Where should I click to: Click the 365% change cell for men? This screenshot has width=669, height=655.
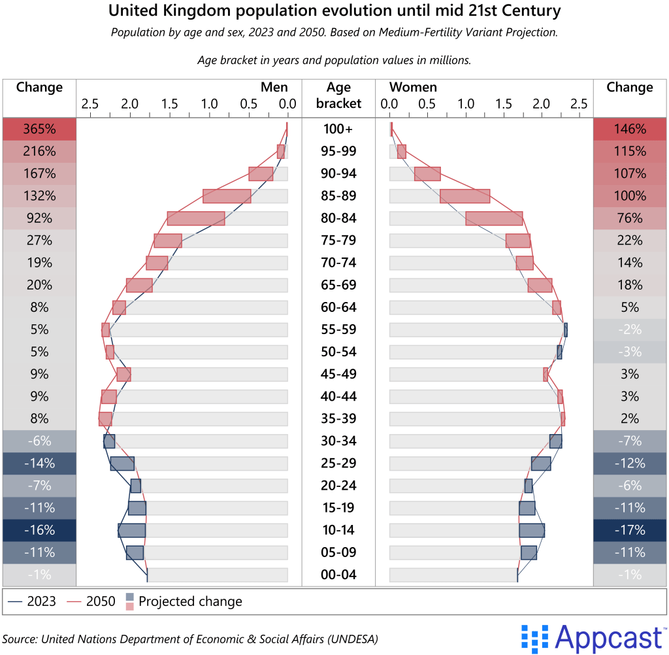[39, 129]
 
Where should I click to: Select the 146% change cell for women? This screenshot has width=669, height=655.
[629, 129]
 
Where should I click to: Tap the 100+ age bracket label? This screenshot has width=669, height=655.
[338, 129]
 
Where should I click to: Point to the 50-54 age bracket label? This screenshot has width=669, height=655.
[338, 352]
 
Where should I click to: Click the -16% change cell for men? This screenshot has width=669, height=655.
[39, 530]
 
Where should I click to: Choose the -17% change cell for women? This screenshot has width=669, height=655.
[629, 530]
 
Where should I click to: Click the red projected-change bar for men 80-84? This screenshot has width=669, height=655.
[196, 218]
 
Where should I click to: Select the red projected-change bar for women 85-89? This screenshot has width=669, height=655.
[465, 196]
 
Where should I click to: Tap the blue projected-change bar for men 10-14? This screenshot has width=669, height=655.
[131, 530]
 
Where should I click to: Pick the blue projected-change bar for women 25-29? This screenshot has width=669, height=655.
[541, 463]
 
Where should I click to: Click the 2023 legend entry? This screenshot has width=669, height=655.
[33, 601]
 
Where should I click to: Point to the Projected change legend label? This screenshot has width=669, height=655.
[190, 601]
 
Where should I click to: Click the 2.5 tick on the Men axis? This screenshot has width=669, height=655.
[90, 103]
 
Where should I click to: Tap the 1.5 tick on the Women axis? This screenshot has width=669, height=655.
[503, 103]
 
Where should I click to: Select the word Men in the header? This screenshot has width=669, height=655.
[274, 87]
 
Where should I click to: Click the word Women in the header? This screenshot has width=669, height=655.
[413, 87]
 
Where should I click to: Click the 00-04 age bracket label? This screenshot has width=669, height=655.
[338, 575]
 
